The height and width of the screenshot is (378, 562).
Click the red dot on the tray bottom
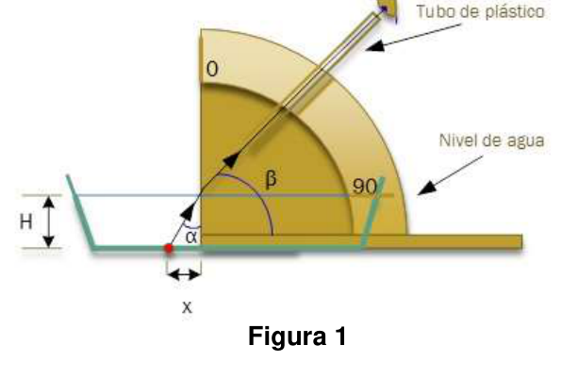(x=169, y=248)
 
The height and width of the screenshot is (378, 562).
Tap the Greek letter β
(x=272, y=179)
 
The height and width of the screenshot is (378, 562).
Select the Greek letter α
(x=191, y=237)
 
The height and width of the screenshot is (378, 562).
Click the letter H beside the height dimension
(x=26, y=222)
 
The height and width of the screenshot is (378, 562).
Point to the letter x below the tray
(x=187, y=307)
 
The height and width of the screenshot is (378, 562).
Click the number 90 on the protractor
(x=364, y=187)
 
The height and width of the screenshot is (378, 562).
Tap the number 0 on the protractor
(x=212, y=69)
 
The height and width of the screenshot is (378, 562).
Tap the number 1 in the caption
(x=340, y=336)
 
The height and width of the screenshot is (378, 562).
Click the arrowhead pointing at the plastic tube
(x=375, y=46)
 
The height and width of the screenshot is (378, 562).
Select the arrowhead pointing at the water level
(x=426, y=189)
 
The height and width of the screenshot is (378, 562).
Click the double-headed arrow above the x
(x=184, y=275)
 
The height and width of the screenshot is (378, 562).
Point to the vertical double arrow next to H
(x=49, y=222)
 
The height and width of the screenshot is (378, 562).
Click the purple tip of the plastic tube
(x=388, y=9)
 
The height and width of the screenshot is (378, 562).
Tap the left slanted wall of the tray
(x=80, y=212)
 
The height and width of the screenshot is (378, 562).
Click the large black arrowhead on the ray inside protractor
(x=231, y=160)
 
